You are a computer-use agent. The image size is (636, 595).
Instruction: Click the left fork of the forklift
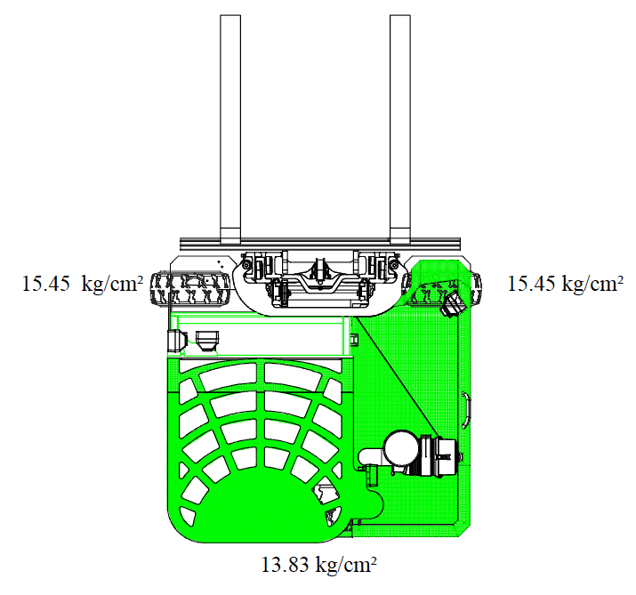tap(230, 129)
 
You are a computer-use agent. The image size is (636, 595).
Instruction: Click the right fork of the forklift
tap(400, 129)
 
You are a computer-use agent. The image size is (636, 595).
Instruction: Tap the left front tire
tap(190, 288)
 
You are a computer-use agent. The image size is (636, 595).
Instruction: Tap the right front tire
tap(441, 288)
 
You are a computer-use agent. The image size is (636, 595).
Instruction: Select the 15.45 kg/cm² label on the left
tap(83, 284)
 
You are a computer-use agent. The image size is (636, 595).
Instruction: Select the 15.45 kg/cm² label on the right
tap(566, 284)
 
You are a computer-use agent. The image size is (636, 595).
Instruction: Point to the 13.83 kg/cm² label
tap(318, 565)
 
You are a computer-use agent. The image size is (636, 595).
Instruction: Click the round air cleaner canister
tap(401, 448)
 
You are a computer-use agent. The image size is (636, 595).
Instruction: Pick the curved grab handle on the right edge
tap(467, 410)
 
